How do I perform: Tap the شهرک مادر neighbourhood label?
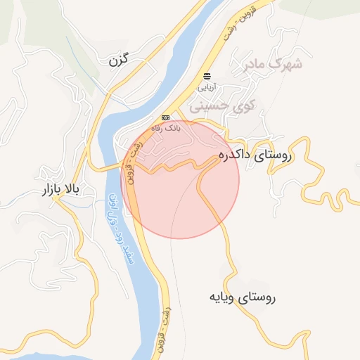274,65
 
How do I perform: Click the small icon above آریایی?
207,75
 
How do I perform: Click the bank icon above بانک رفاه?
165,117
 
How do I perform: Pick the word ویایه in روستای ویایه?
221,297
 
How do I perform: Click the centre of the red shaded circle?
180,179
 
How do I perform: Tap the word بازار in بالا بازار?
37,190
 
